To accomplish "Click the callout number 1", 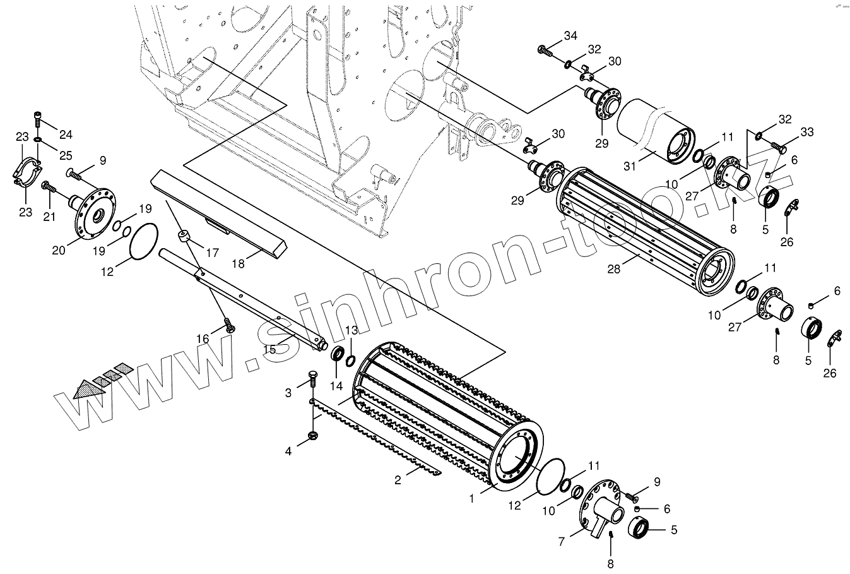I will click(x=471, y=498).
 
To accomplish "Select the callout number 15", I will click(x=268, y=349).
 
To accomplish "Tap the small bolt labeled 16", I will click(x=230, y=327).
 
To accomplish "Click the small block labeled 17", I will click(x=185, y=237).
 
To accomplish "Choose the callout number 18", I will click(x=238, y=264).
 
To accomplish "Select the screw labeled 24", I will click(x=38, y=116).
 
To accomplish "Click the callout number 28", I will click(x=613, y=268).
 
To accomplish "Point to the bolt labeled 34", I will click(x=544, y=49).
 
